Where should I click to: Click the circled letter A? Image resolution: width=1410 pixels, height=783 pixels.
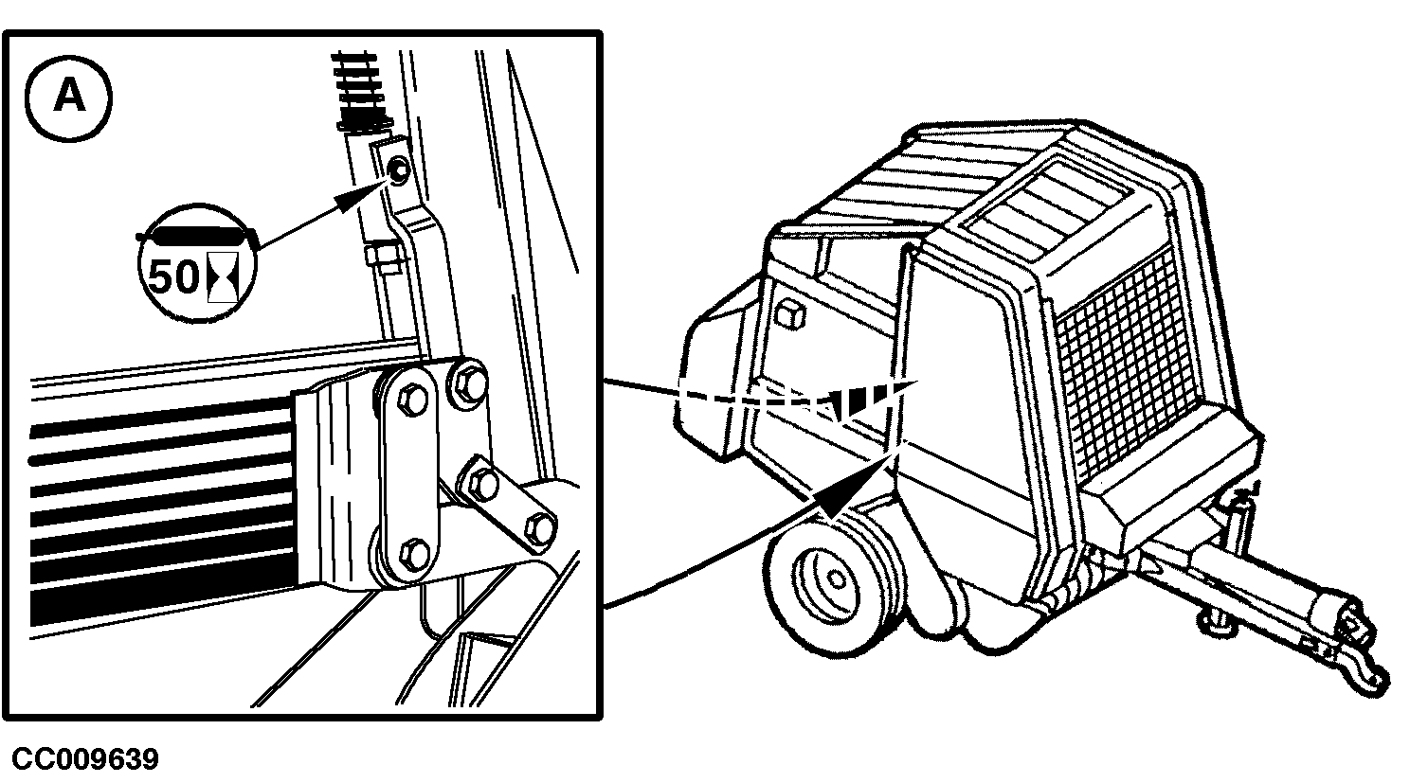tap(69, 98)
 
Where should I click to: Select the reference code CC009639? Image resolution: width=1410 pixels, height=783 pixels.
tap(85, 759)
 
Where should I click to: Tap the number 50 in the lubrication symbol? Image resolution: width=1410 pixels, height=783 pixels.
tap(173, 276)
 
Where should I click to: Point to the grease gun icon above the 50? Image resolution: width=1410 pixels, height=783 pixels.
tap(197, 237)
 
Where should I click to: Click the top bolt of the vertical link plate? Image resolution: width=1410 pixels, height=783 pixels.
tap(413, 399)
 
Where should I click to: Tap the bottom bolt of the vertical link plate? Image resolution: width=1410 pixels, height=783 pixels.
tap(414, 555)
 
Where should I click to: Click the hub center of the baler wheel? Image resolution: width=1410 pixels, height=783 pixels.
tap(836, 578)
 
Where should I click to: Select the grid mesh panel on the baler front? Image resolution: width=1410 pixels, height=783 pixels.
tap(1127, 364)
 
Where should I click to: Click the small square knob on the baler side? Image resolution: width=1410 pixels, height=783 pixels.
tap(789, 313)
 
